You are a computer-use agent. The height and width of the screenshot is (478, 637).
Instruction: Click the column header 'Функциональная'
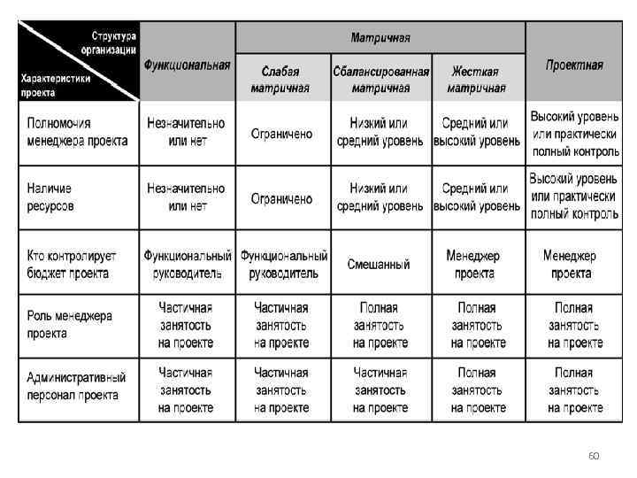[187, 65]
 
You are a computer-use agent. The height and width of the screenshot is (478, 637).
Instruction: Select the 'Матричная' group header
[380, 38]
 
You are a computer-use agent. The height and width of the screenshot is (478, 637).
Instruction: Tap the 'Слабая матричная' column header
[280, 80]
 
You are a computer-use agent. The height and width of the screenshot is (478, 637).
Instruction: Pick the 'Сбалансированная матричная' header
[380, 80]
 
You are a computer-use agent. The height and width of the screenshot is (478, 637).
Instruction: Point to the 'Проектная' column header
[574, 65]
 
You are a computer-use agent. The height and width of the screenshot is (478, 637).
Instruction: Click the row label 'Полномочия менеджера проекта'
[77, 132]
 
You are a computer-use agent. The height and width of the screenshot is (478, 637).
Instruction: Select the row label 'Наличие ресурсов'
[50, 197]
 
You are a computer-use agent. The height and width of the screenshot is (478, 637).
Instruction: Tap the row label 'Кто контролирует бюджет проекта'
[71, 264]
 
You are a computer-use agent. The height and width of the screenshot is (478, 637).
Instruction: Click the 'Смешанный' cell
[379, 264]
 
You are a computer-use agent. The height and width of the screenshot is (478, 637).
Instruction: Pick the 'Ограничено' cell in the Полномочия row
[281, 134]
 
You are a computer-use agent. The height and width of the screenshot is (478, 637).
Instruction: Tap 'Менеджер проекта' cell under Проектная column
[571, 264]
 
